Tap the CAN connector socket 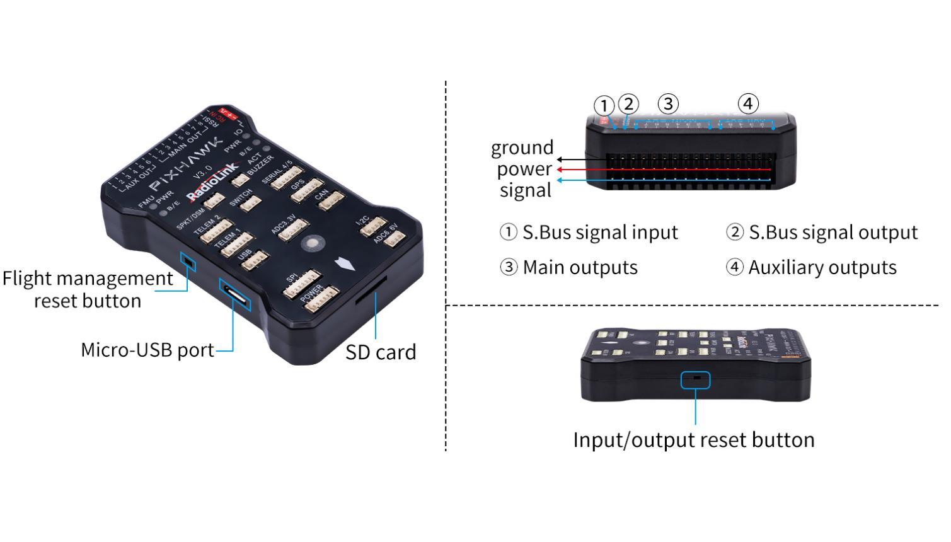[x=328, y=202]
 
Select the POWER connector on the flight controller [x=321, y=299]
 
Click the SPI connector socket [x=302, y=284]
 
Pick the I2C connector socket [x=373, y=227]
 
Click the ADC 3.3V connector [x=293, y=229]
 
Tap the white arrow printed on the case [x=345, y=263]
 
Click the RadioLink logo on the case [x=213, y=182]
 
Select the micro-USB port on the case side [x=234, y=294]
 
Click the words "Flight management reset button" [x=88, y=289]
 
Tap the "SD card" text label [x=381, y=352]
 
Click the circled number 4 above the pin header [x=747, y=103]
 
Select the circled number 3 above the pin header [x=668, y=103]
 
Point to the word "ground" [x=522, y=148]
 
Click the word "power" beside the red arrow [x=524, y=169]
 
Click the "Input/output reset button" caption [x=693, y=439]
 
